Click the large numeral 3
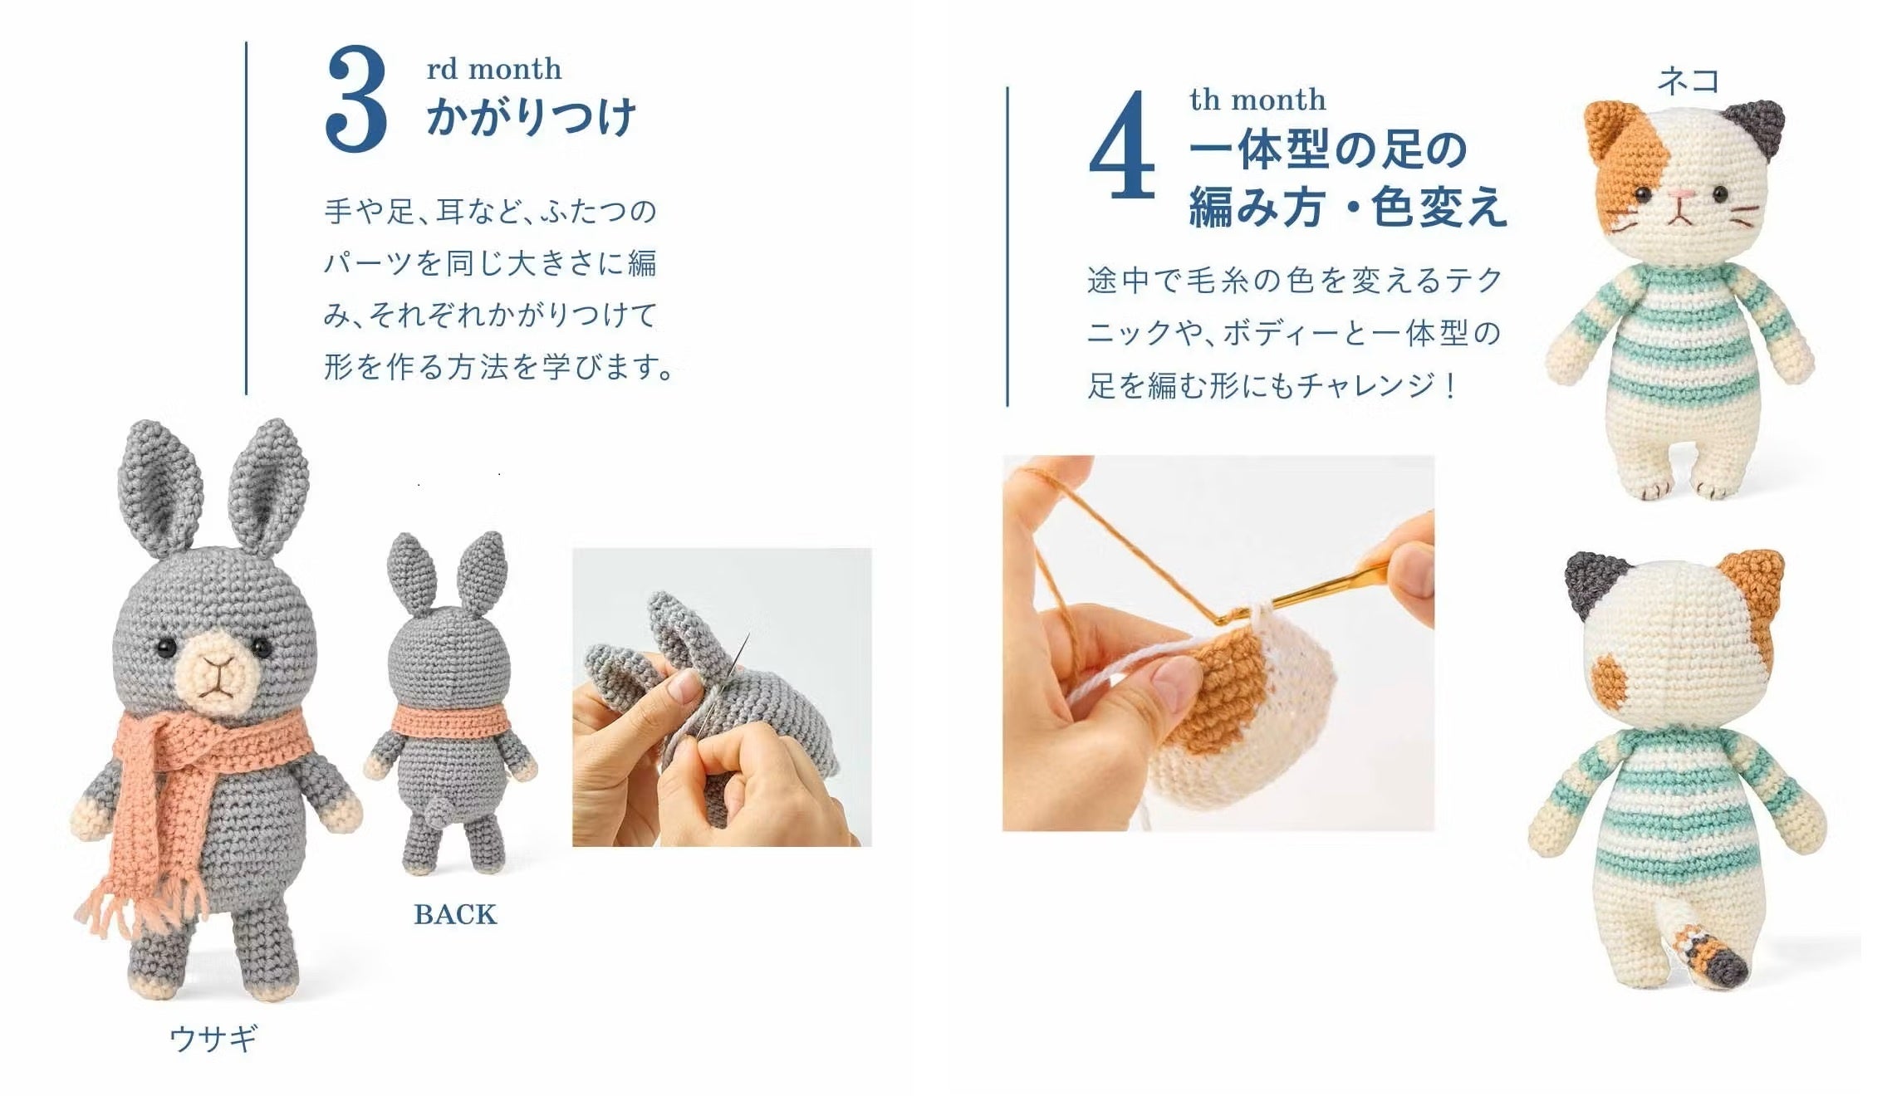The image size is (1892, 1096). coord(356,99)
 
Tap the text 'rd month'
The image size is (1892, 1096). coord(494,68)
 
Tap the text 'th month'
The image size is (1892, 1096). coord(1257,100)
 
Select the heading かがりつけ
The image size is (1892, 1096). coord(532,116)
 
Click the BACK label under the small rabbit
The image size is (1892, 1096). coord(455,914)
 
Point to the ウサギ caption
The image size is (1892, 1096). coord(213,1038)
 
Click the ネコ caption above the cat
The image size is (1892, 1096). coord(1688,81)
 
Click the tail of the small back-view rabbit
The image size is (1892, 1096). coord(440,807)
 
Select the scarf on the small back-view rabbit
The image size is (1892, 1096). coord(449,720)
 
